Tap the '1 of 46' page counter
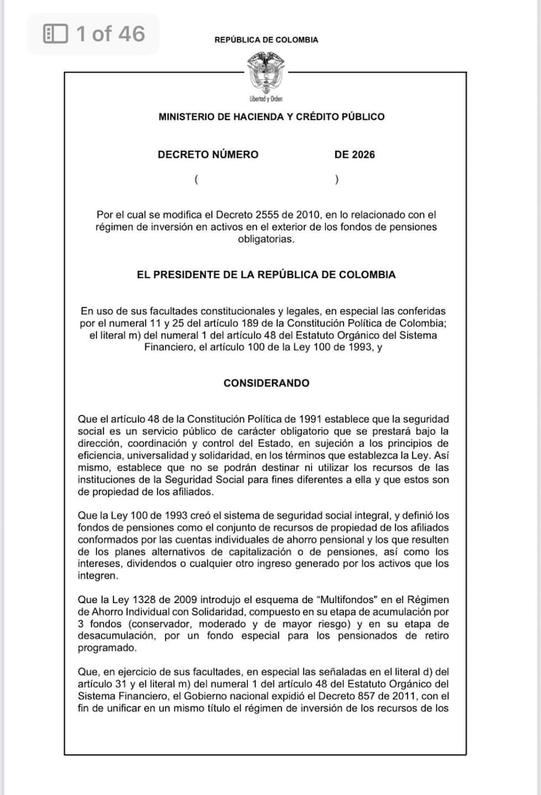[x=110, y=33]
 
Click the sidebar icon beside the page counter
[x=56, y=33]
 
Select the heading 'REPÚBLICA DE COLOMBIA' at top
[x=266, y=40]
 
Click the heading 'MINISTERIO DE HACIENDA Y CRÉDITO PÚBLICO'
[x=271, y=117]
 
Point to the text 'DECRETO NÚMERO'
[x=208, y=154]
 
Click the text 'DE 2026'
[x=354, y=154]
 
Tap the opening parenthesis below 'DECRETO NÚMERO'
[x=196, y=180]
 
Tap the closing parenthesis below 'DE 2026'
[x=336, y=180]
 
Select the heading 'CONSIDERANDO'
[x=266, y=383]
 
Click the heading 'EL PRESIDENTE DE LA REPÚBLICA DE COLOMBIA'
[x=266, y=274]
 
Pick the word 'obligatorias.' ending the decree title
[x=266, y=240]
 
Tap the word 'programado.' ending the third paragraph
[x=107, y=648]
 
